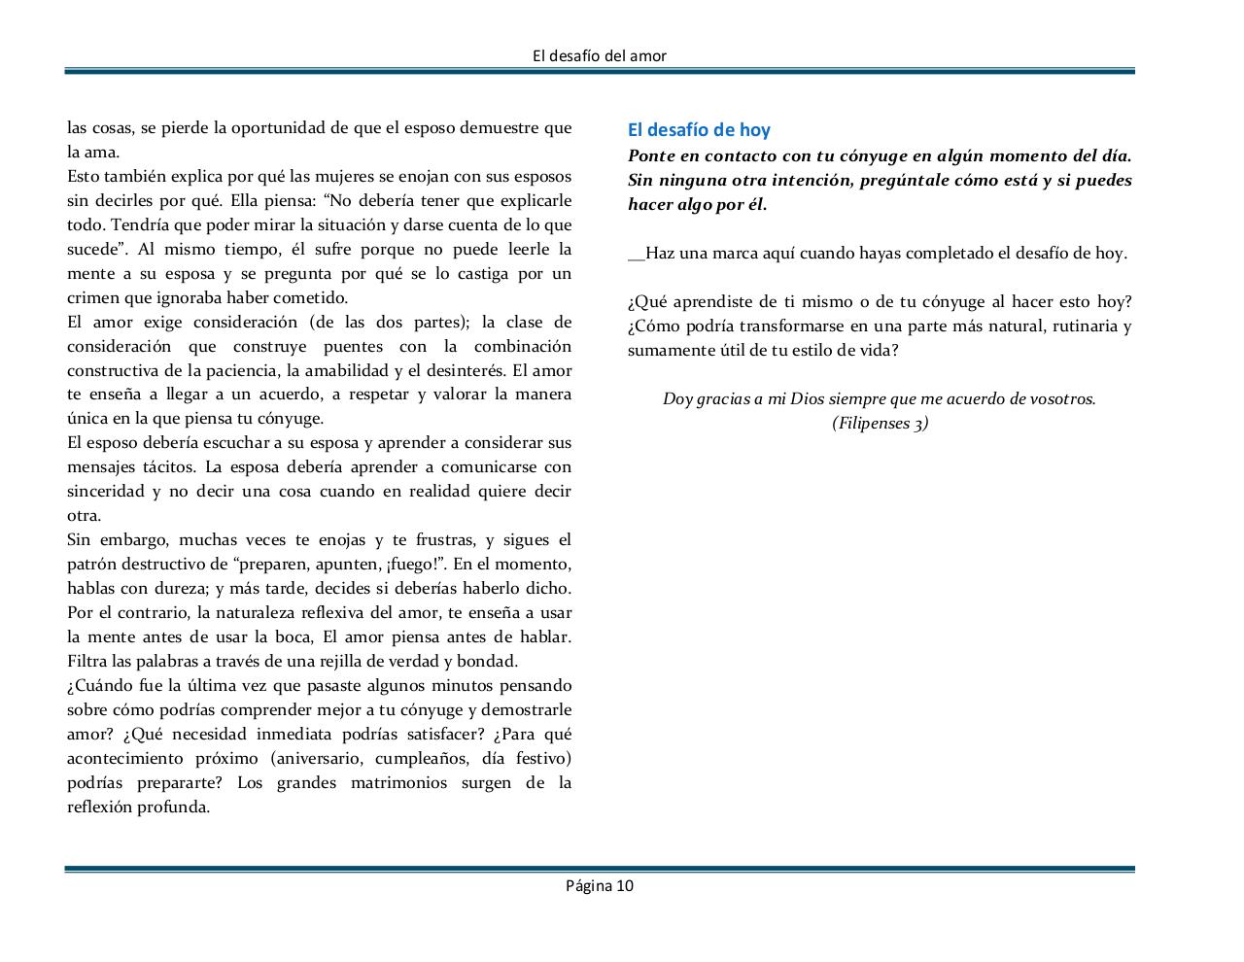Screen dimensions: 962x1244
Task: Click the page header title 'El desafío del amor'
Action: pyautogui.click(x=600, y=55)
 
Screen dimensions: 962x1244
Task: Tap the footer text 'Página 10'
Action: pyautogui.click(x=600, y=885)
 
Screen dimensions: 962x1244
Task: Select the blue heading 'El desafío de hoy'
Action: pyautogui.click(x=699, y=130)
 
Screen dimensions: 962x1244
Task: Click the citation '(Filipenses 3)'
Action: pyautogui.click(x=880, y=423)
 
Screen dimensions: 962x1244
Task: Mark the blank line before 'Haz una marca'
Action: pyautogui.click(x=636, y=255)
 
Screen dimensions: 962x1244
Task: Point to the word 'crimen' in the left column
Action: pyautogui.click(x=91, y=297)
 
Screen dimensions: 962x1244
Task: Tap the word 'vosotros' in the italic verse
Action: pyautogui.click(x=1061, y=398)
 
